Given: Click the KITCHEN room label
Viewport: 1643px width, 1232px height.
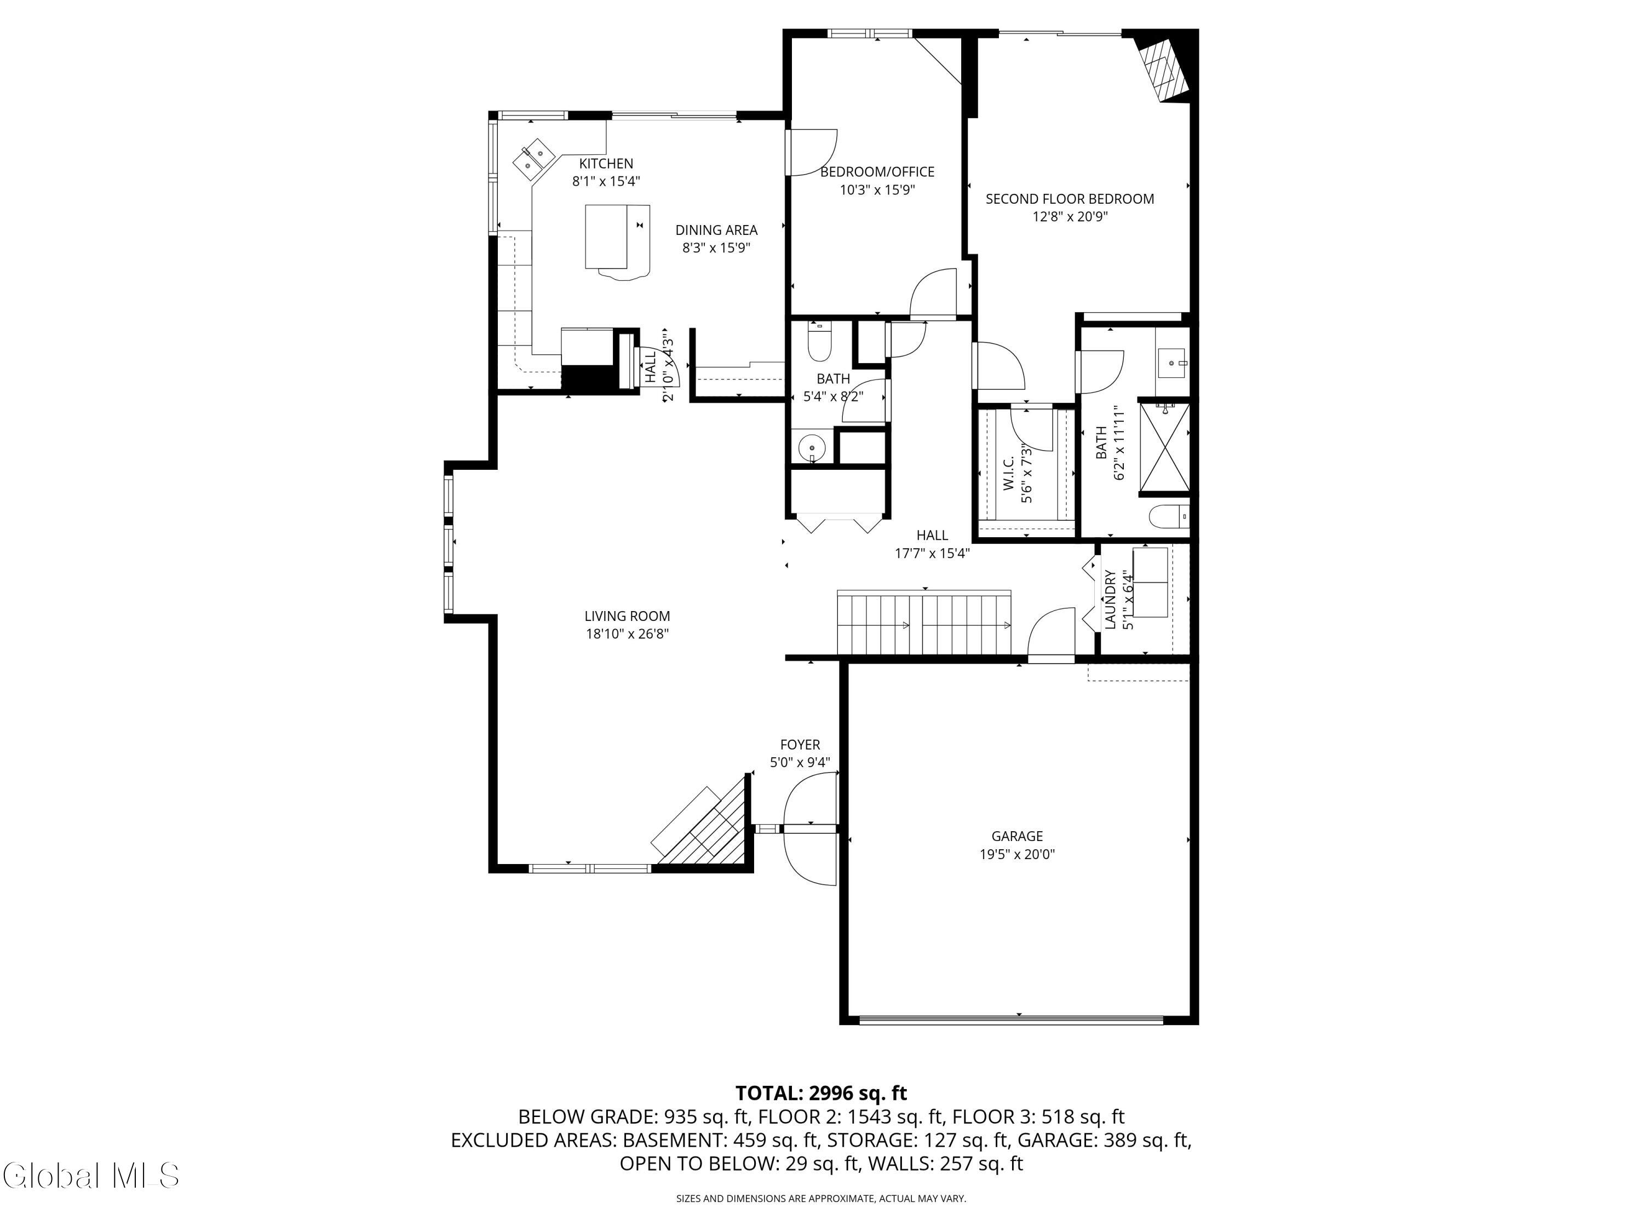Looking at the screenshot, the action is [x=606, y=163].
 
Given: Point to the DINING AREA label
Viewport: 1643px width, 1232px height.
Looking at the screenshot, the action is [x=716, y=230].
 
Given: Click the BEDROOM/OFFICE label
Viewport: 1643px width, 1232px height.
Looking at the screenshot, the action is [x=877, y=171].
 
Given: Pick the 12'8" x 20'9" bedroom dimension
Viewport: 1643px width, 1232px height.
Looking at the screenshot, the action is [x=1070, y=217].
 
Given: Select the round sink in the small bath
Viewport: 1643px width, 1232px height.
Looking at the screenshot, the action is [x=811, y=448].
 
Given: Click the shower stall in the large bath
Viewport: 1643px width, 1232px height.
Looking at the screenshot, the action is [x=1164, y=448].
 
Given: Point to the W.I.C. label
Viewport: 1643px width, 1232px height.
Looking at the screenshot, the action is [x=1009, y=474].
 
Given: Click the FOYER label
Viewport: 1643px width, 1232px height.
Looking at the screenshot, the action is [x=800, y=744].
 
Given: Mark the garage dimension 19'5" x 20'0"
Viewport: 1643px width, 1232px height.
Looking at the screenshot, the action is [x=1017, y=854].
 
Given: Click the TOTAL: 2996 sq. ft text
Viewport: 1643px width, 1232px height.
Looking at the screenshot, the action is [x=821, y=1093].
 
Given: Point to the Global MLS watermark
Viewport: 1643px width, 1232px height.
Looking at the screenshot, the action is [x=90, y=1176].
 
